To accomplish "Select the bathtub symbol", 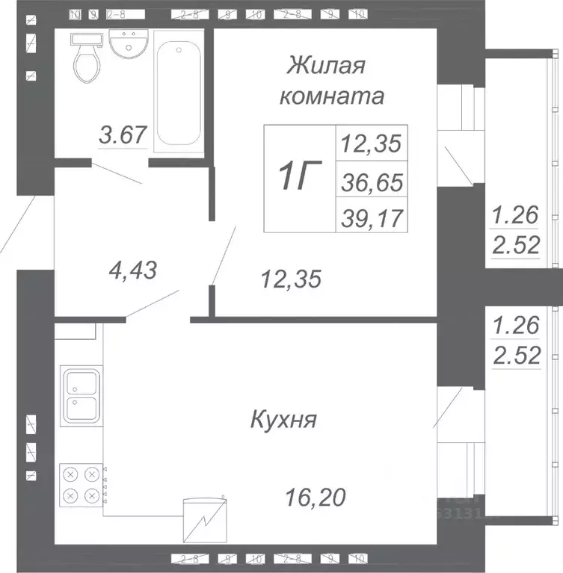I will (x=179, y=90).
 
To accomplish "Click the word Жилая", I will (x=326, y=66).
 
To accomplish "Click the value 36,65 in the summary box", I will (x=372, y=180).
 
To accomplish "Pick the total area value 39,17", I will (x=372, y=217).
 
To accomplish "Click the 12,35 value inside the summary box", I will (x=372, y=142).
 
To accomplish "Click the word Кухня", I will (x=283, y=419).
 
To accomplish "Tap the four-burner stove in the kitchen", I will (x=81, y=484).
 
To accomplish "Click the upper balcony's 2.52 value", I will (x=515, y=245).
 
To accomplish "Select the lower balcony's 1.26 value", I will (x=515, y=326).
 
